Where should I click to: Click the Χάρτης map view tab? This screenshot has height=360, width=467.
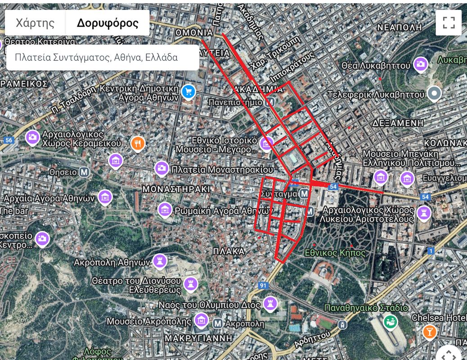(x=35, y=23)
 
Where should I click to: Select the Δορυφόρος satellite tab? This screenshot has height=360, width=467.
(x=108, y=23)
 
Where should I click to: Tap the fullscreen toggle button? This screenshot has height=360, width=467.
(x=448, y=22)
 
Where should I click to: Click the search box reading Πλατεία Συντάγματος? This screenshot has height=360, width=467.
(x=103, y=58)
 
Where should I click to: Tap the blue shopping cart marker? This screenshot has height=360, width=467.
(x=189, y=92)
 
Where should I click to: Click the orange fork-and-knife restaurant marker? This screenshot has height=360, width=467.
(x=138, y=144)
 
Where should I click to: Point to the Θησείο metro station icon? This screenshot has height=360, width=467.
(x=84, y=172)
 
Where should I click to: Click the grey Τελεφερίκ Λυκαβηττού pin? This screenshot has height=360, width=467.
(x=434, y=93)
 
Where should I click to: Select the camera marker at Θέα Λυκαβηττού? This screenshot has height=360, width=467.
(x=421, y=64)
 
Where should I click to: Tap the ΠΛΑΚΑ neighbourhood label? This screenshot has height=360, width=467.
(x=229, y=251)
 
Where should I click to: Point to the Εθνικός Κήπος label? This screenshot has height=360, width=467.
(x=335, y=253)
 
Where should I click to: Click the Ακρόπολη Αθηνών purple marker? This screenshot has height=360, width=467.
(x=160, y=261)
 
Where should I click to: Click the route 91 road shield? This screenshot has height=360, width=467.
(x=263, y=285)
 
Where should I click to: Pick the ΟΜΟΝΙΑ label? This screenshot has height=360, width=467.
(x=194, y=32)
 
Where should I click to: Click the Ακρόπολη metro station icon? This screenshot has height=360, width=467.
(x=218, y=323)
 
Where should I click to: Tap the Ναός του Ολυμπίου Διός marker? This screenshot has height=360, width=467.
(x=270, y=304)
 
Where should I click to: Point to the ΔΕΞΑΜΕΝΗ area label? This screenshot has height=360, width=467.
(x=398, y=123)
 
